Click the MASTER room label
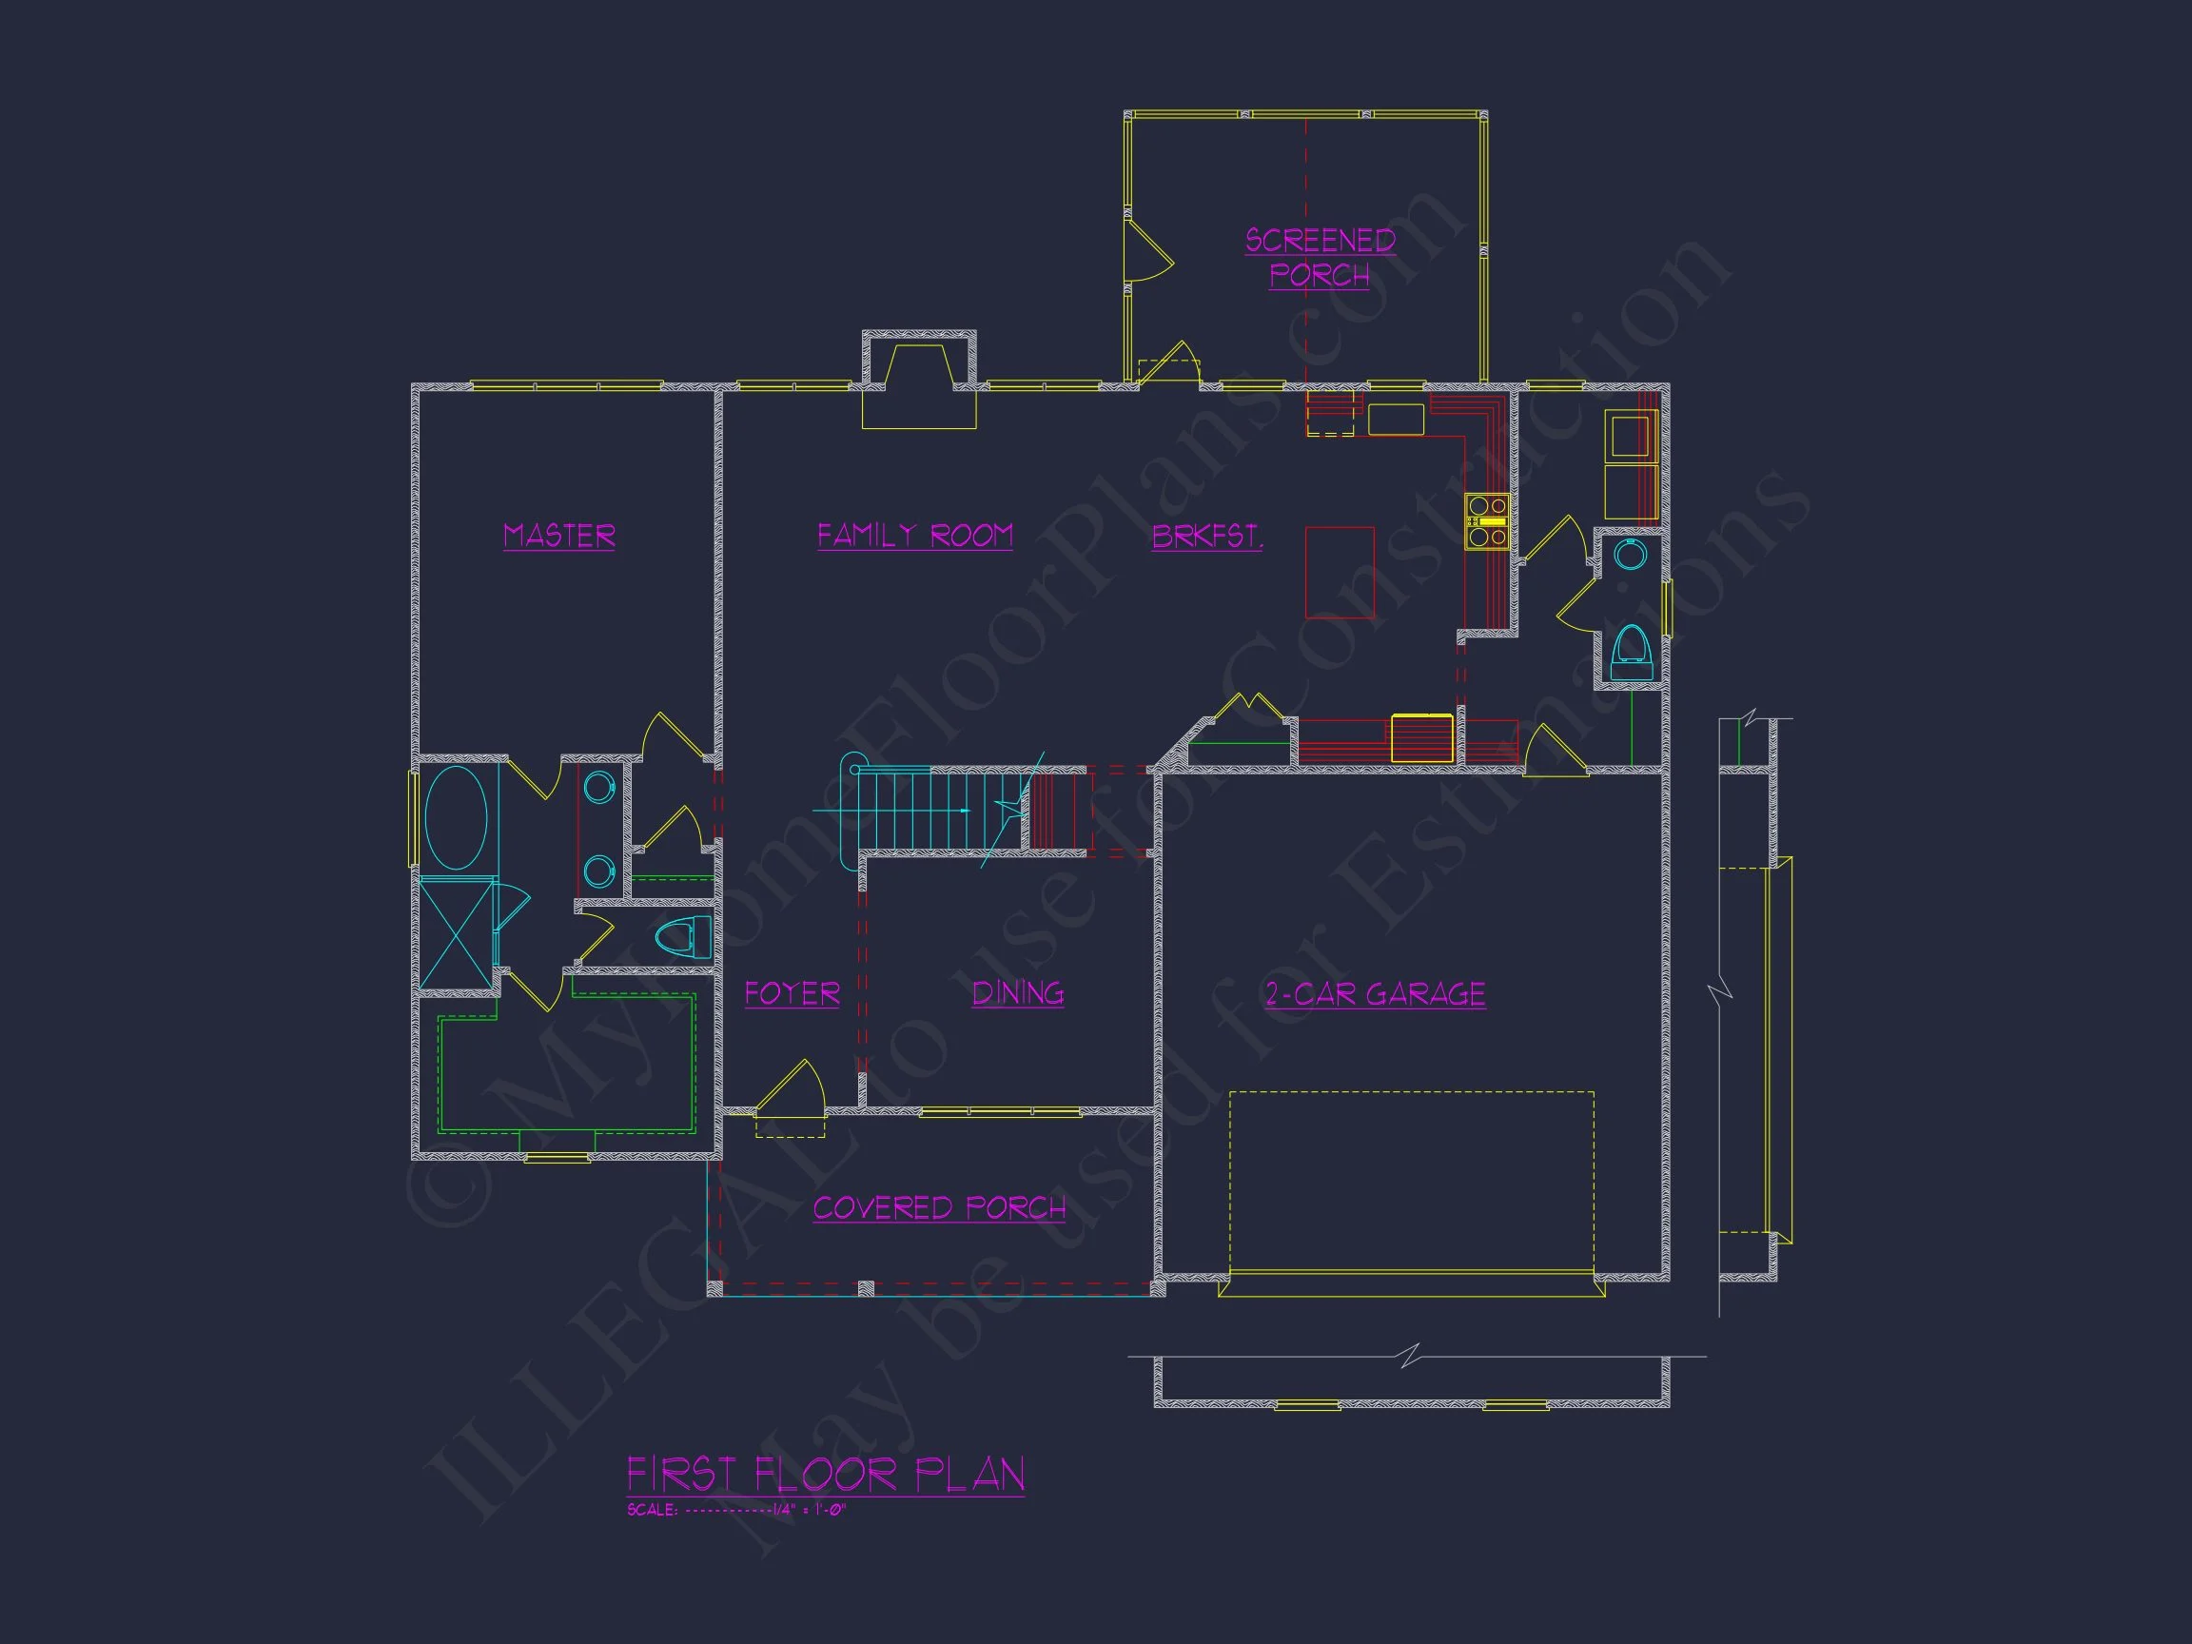click(558, 537)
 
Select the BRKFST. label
click(1207, 537)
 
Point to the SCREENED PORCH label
click(1320, 258)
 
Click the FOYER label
click(792, 993)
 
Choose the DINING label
click(1018, 993)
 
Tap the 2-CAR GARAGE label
click(1376, 994)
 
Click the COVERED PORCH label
click(939, 1208)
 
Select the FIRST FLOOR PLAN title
click(826, 1476)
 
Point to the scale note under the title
click(736, 1511)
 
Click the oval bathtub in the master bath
click(456, 818)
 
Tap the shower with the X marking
click(457, 932)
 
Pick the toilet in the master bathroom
click(684, 936)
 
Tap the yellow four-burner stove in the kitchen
click(1487, 520)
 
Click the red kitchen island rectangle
click(1340, 573)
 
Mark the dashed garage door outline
click(1411, 1182)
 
